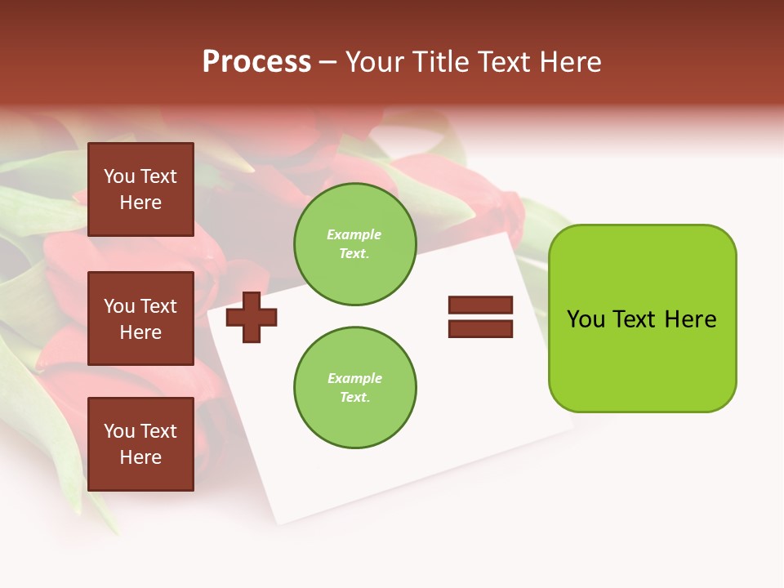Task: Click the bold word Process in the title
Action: pyautogui.click(x=256, y=62)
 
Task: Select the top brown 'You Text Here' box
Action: pyautogui.click(x=140, y=189)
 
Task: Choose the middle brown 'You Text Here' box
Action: pyautogui.click(x=140, y=318)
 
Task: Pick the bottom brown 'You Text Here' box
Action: pyautogui.click(x=140, y=444)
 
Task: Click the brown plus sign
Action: pyautogui.click(x=252, y=316)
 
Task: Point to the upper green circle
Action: pyautogui.click(x=354, y=244)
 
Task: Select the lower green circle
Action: pyautogui.click(x=354, y=388)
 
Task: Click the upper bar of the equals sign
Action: pyautogui.click(x=480, y=305)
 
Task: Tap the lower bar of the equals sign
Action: pyautogui.click(x=480, y=329)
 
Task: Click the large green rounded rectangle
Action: pyautogui.click(x=642, y=318)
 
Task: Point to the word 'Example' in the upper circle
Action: pyautogui.click(x=354, y=234)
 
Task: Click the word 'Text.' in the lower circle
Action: pyautogui.click(x=354, y=398)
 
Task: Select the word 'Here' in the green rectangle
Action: pyautogui.click(x=690, y=319)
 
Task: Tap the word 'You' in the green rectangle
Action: pyautogui.click(x=586, y=319)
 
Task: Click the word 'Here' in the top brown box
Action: pyautogui.click(x=140, y=203)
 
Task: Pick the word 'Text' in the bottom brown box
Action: pyautogui.click(x=158, y=431)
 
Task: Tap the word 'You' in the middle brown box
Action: pyautogui.click(x=120, y=306)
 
